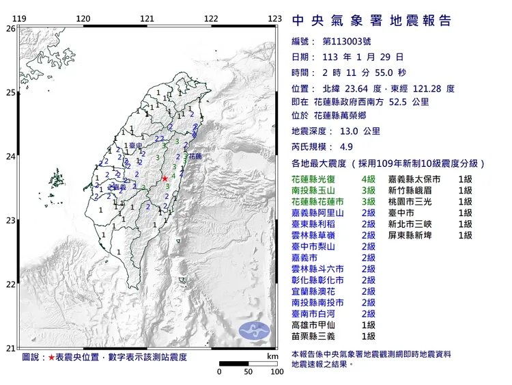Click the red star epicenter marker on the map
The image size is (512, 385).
click(x=165, y=179)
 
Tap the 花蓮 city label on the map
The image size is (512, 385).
click(x=195, y=156)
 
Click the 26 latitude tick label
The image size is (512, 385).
click(x=10, y=29)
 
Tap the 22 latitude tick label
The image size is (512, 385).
click(x=10, y=284)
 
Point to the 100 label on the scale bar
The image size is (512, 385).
click(x=276, y=372)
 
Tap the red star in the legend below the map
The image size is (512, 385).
click(x=52, y=358)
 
